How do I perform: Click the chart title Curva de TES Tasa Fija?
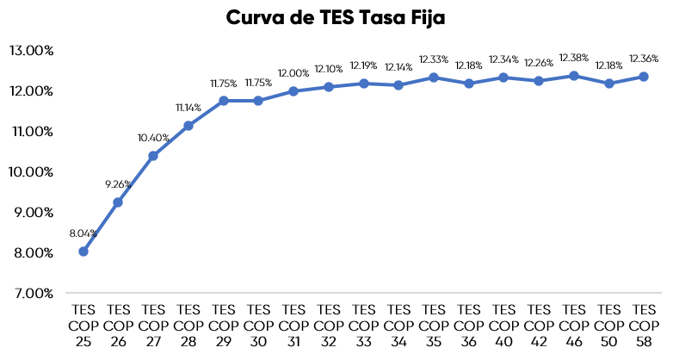click(336, 17)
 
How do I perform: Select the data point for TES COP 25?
click(83, 251)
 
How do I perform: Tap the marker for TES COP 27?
click(153, 156)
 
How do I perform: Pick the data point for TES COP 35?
click(434, 78)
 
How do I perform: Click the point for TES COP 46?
click(574, 76)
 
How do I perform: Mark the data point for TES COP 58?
click(644, 77)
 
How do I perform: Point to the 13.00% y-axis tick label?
click(32, 50)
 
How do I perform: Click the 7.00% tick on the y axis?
click(34, 293)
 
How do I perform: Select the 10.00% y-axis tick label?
click(32, 171)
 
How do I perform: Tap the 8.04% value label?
click(83, 233)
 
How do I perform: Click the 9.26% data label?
click(118, 183)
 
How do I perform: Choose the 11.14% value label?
click(188, 108)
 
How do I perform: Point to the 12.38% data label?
click(573, 58)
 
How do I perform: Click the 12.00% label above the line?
click(293, 73)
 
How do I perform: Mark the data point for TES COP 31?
click(293, 91)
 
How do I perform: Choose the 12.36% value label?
click(644, 59)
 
